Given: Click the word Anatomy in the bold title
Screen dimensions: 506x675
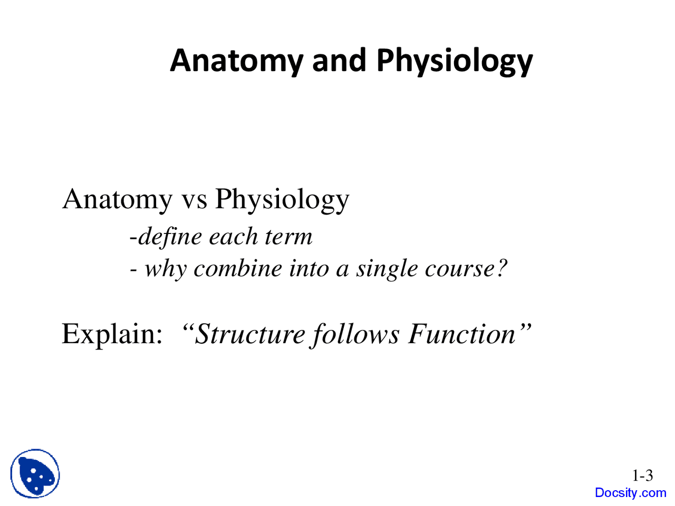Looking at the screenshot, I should [x=236, y=61].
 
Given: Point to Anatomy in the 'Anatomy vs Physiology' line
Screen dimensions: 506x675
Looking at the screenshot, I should [x=117, y=200].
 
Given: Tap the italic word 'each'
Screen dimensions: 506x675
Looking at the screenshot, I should [x=233, y=236].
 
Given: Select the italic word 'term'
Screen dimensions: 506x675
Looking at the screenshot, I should [x=288, y=237].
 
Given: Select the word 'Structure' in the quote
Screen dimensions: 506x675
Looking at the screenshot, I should [x=250, y=334].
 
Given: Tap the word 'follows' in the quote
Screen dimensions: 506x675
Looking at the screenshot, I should [x=355, y=334].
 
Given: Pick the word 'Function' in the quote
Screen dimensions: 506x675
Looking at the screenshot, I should [x=462, y=334].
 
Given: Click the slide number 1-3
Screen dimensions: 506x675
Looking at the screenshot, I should [x=642, y=476].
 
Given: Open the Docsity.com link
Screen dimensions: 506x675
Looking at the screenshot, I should [x=630, y=493].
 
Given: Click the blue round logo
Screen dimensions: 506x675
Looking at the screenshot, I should [x=35, y=474].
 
